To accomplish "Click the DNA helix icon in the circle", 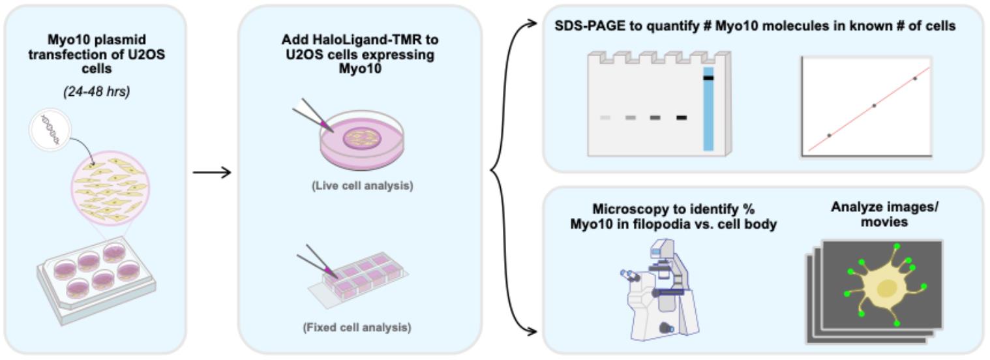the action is [50, 130].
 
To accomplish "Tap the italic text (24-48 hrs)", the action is [97, 91].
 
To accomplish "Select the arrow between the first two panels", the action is [212, 172].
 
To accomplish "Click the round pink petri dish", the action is [362, 139].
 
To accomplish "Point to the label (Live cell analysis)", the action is [363, 185].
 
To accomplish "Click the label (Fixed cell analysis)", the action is [357, 327].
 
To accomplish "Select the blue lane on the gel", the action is [708, 109].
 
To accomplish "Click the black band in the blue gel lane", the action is [708, 78].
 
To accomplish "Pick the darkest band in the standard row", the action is [682, 117].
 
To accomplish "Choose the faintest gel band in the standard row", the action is [605, 117].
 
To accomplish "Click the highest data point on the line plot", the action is [915, 79].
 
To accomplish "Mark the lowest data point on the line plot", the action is [829, 135].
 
